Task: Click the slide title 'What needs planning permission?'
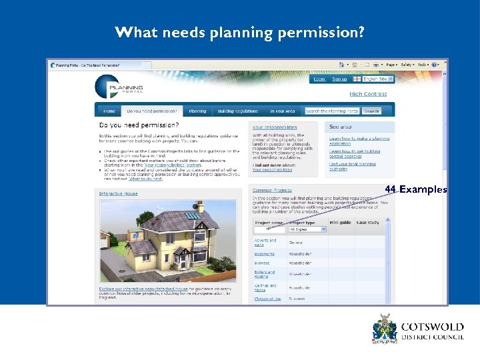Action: coord(239,32)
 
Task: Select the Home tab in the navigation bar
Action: coord(109,111)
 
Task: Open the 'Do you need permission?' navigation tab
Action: coord(152,111)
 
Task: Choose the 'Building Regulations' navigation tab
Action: coord(237,111)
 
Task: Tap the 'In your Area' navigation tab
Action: coord(282,111)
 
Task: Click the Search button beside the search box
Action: coord(371,111)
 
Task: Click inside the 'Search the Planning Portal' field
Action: coord(332,111)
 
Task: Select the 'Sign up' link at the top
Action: coord(339,79)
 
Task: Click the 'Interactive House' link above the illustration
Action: coord(119,193)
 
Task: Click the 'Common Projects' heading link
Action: coord(272,190)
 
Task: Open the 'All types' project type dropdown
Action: coord(307,229)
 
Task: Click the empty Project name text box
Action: coord(269,229)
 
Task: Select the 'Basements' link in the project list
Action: coord(264,253)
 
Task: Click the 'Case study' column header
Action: coord(368,222)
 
